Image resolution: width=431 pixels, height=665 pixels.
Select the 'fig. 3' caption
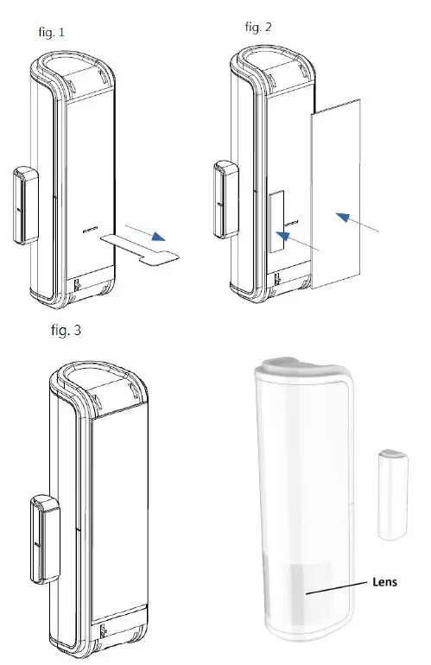tap(67, 330)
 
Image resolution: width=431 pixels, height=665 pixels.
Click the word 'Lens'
tap(384, 581)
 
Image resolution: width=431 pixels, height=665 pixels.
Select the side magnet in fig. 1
tap(24, 206)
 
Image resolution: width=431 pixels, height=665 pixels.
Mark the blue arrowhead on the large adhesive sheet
tap(344, 218)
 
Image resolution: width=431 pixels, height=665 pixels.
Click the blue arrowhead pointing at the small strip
tap(282, 236)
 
